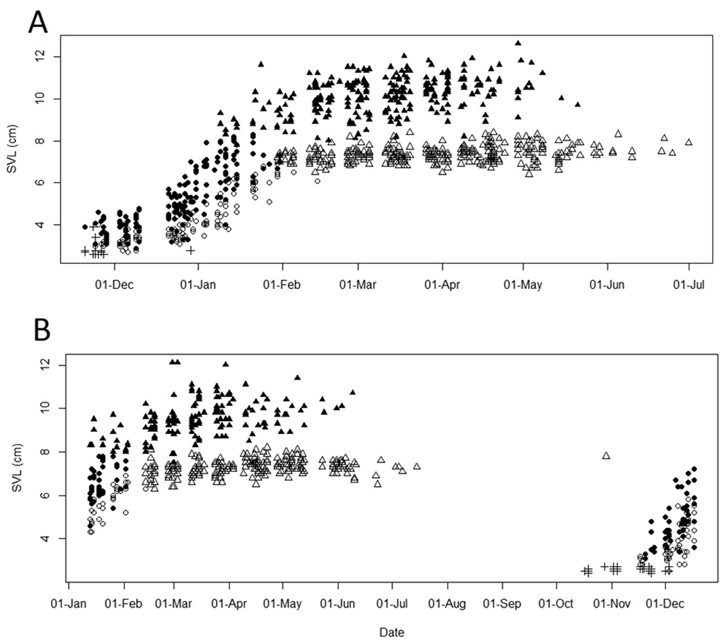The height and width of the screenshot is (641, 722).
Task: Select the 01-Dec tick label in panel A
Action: point(114,285)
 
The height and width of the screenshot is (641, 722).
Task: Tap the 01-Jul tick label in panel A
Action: point(688,285)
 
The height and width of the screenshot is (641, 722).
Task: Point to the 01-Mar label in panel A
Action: point(358,285)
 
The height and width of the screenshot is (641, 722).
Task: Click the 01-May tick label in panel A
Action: point(523,285)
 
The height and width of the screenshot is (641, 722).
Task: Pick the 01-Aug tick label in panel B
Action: point(446,604)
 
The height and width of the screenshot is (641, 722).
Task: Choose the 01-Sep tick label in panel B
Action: point(501,604)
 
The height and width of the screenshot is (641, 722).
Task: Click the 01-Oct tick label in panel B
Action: point(556,604)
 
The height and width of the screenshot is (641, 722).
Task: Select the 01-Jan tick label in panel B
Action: point(69,604)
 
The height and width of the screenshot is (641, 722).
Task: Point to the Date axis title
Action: point(391,632)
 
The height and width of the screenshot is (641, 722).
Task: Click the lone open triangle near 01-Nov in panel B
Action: point(606,456)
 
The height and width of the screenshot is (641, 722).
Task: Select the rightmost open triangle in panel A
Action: point(688,142)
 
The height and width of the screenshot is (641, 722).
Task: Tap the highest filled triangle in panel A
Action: point(518,43)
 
